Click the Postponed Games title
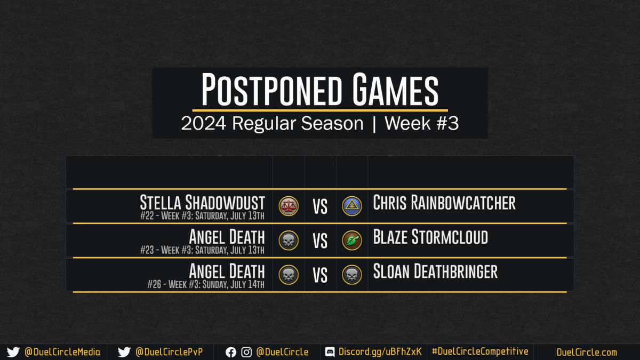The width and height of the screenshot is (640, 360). [x=319, y=90]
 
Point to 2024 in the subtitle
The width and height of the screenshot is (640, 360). [x=203, y=123]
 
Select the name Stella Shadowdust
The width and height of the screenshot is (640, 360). [x=202, y=202]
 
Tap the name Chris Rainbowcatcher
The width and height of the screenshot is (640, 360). [x=444, y=202]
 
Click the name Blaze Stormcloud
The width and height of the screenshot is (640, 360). [x=430, y=237]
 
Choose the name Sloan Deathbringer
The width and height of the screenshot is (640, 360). [x=435, y=271]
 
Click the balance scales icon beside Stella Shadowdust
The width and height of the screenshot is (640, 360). [x=289, y=206]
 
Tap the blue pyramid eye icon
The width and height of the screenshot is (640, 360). [x=352, y=206]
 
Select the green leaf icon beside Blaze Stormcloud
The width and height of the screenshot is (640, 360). [x=352, y=241]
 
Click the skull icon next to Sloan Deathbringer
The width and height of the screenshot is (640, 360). [x=352, y=275]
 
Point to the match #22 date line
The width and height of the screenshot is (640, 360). [x=202, y=215]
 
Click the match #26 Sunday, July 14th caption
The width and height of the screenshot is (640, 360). [x=206, y=284]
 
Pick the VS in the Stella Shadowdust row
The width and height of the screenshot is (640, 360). [x=320, y=206]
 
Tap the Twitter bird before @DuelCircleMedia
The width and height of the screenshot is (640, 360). [x=13, y=352]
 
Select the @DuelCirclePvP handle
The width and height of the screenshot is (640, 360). [x=169, y=352]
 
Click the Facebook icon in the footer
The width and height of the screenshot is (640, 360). [x=231, y=353]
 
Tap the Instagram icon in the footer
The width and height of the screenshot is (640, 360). [x=246, y=353]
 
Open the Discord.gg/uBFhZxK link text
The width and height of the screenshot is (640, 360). [x=380, y=352]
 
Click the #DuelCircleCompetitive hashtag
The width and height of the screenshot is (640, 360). [x=480, y=351]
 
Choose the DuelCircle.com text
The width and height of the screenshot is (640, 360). [x=587, y=353]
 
